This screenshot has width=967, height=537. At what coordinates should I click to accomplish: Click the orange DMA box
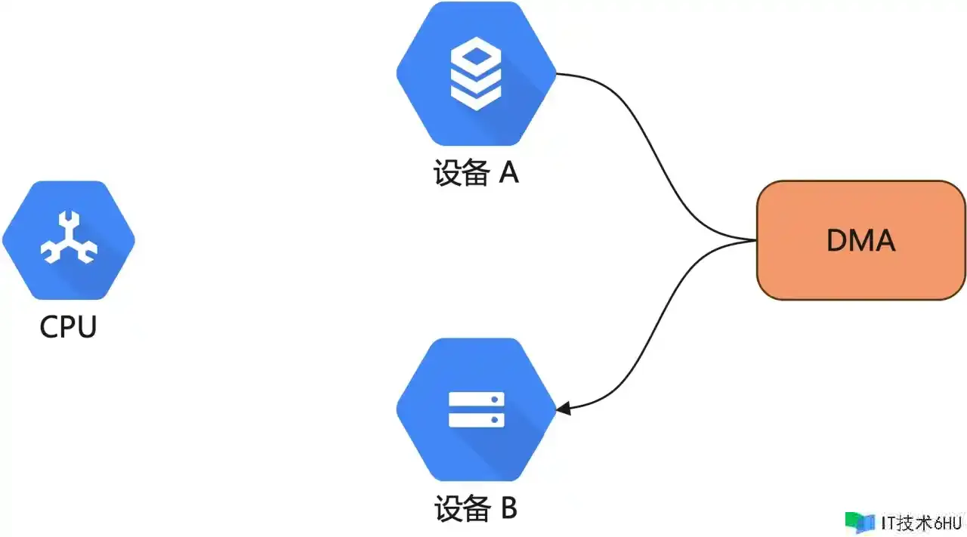860,240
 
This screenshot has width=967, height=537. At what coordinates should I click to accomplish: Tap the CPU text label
68,327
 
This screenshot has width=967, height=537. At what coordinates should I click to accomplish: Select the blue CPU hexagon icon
69,240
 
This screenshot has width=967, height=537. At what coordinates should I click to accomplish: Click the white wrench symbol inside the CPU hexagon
69,237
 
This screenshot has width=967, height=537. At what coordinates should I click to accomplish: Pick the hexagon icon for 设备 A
476,73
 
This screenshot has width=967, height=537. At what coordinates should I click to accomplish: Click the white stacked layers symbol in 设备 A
476,74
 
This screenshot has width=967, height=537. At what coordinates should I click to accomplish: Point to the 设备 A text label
476,173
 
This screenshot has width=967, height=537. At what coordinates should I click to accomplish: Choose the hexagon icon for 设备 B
476,409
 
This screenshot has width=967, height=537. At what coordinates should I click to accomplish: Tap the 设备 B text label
476,508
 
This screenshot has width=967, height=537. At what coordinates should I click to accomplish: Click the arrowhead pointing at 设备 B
564,409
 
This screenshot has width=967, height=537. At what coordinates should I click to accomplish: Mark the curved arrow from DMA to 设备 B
657,324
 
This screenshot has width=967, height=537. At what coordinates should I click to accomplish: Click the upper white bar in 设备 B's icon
477,400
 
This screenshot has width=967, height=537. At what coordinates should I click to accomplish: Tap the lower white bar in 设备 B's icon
477,420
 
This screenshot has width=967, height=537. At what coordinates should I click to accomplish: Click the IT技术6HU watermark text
921,523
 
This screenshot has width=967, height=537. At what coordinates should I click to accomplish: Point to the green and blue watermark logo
860,523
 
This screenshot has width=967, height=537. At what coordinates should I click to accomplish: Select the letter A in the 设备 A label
509,173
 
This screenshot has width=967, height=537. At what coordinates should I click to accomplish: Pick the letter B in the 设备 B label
509,508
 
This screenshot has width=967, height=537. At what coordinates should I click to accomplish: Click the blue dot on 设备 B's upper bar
495,400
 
